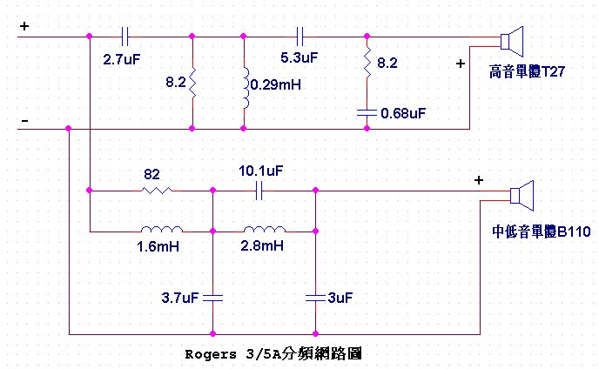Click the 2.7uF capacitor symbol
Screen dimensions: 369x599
126,37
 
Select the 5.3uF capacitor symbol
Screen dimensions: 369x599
300,37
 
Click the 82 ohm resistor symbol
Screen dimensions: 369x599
157,189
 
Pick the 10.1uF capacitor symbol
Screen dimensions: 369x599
259,189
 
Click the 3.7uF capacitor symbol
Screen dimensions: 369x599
212,297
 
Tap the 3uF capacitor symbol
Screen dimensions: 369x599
315,297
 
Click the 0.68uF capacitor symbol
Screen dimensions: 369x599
367,111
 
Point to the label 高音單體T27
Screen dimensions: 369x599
528,72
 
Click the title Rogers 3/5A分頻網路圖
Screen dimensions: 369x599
273,354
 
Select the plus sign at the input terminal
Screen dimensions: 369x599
24,26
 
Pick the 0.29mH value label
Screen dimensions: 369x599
274,85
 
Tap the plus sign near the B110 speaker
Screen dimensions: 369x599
477,180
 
